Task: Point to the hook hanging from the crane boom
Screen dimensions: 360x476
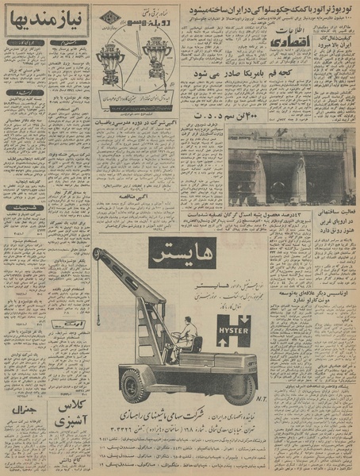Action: pos(99,321)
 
